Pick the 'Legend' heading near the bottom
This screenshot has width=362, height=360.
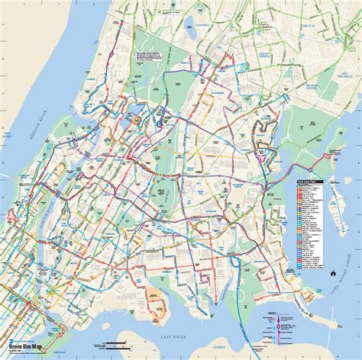273,312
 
